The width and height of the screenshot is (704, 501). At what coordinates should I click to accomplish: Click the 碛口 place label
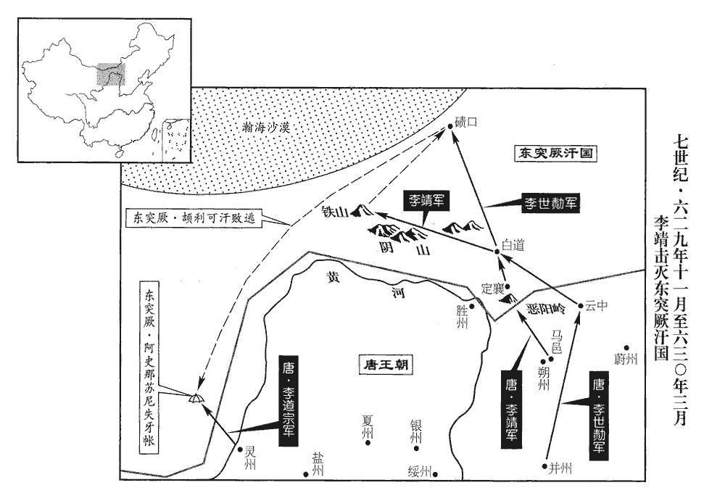click(x=465, y=122)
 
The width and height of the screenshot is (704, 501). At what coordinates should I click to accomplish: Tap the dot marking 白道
click(x=497, y=252)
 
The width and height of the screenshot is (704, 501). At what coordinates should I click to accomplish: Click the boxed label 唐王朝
click(x=386, y=365)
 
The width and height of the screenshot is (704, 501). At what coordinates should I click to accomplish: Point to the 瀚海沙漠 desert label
click(x=266, y=128)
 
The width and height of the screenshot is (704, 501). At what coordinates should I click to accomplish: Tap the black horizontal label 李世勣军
click(x=550, y=203)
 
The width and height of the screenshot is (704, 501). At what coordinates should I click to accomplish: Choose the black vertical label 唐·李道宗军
click(x=287, y=400)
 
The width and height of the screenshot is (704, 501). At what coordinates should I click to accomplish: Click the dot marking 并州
click(x=545, y=466)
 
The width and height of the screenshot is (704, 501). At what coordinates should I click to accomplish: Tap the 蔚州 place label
click(x=626, y=359)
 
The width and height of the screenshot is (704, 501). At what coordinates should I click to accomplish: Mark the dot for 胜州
click(x=472, y=307)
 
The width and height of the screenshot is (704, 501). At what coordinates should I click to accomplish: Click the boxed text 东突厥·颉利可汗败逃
click(x=194, y=218)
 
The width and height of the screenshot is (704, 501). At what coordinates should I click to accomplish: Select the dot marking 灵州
click(x=240, y=449)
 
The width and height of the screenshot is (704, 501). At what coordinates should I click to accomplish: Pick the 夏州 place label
click(x=368, y=426)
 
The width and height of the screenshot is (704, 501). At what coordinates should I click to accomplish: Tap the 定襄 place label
click(x=492, y=289)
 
